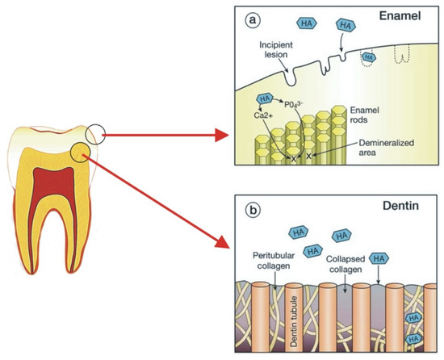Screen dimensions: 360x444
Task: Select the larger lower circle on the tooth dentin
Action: (82, 153)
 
